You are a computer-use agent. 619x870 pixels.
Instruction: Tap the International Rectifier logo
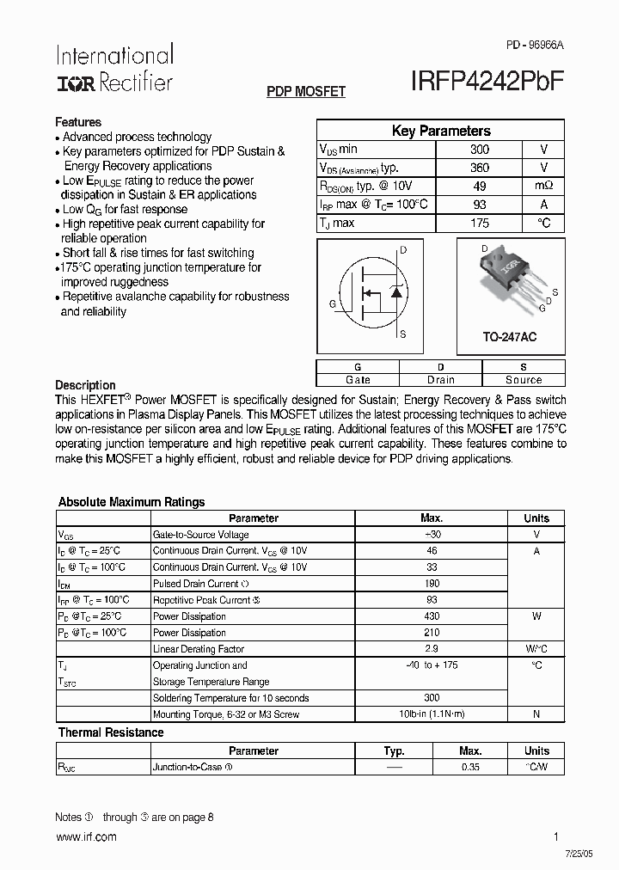[x=114, y=69]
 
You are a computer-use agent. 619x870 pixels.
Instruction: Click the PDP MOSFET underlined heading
[x=306, y=91]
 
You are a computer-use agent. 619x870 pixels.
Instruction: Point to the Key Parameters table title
[x=441, y=132]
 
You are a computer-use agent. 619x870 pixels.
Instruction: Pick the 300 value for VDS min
[x=480, y=149]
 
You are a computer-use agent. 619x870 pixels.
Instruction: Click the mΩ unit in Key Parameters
[x=543, y=186]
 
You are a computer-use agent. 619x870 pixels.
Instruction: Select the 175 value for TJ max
[x=480, y=224]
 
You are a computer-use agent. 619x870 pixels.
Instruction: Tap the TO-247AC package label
[x=509, y=338]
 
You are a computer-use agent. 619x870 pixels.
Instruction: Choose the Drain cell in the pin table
[x=441, y=380]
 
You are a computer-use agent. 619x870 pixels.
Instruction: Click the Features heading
[x=78, y=122]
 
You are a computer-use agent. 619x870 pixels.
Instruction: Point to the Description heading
[x=85, y=385]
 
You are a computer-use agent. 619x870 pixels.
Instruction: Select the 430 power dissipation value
[x=432, y=616]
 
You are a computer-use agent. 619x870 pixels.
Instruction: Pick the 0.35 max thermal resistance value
[x=470, y=767]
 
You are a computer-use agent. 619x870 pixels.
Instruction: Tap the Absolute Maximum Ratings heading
[x=132, y=502]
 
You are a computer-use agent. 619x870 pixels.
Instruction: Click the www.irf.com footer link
[x=86, y=837]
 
